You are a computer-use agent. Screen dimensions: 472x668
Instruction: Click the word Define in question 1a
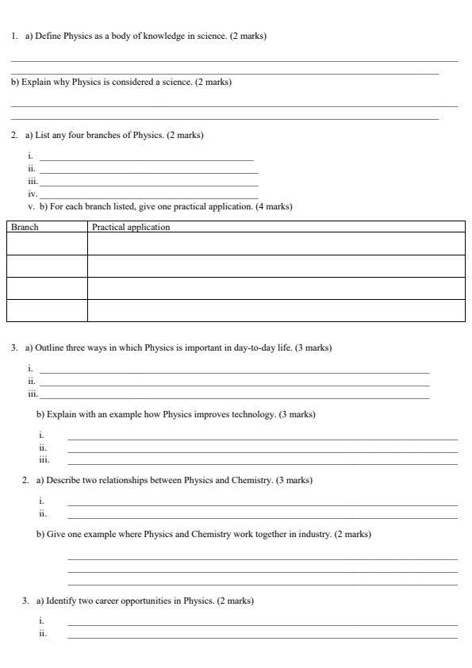point(47,36)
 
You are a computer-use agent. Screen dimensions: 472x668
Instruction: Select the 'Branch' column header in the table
point(25,227)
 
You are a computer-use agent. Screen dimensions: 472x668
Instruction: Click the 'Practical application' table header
point(131,227)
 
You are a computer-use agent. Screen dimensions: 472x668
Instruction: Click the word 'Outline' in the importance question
point(49,347)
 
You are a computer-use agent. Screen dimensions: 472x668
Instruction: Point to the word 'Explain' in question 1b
point(36,82)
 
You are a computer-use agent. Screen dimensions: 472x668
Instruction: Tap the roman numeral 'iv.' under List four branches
point(33,194)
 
